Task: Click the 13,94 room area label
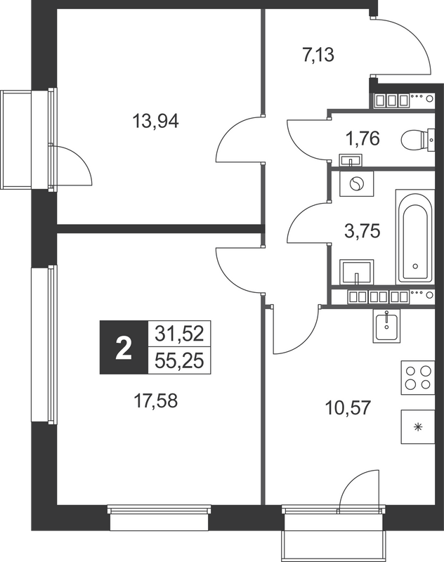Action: click(156, 121)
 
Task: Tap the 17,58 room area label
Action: click(156, 401)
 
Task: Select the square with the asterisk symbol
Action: click(418, 426)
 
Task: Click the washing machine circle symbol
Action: click(356, 184)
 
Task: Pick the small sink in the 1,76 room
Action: click(349, 157)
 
